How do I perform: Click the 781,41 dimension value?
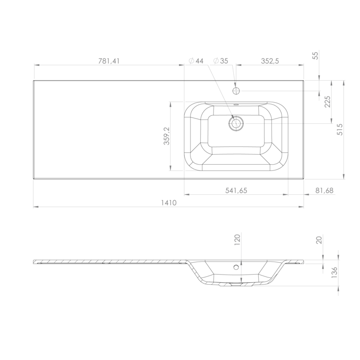point(109,61)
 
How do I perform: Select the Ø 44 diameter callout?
point(196,61)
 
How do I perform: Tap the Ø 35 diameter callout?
point(221,61)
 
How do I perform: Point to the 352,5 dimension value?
point(270,61)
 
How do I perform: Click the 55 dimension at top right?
point(316,56)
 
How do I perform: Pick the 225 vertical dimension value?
point(327,102)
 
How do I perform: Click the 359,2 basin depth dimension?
point(167,136)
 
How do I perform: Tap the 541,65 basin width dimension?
point(236,191)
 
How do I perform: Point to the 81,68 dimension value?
point(324,191)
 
